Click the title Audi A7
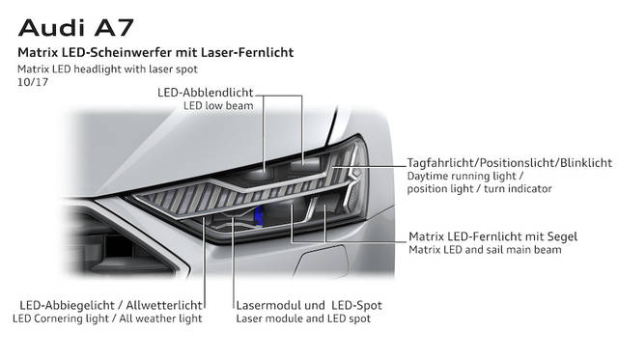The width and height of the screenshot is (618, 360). pyautogui.click(x=75, y=28)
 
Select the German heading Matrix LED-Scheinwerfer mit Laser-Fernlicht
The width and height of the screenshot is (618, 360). pyautogui.click(x=155, y=52)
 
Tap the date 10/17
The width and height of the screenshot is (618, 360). pyautogui.click(x=33, y=82)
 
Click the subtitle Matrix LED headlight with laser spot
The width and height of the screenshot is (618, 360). pyautogui.click(x=107, y=69)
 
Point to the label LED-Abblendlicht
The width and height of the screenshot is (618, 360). pyautogui.click(x=206, y=93)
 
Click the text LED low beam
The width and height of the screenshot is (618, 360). pyautogui.click(x=218, y=105)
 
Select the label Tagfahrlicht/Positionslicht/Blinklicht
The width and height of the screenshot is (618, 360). pyautogui.click(x=510, y=163)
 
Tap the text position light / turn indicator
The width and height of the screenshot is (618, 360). pyautogui.click(x=479, y=188)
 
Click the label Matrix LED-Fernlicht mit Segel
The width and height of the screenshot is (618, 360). pyautogui.click(x=493, y=236)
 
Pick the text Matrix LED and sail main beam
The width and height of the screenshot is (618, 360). pyautogui.click(x=485, y=250)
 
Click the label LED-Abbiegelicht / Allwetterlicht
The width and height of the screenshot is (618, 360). pyautogui.click(x=111, y=305)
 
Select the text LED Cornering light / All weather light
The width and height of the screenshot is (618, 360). pyautogui.click(x=107, y=318)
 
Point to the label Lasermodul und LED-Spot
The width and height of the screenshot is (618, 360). pyautogui.click(x=309, y=305)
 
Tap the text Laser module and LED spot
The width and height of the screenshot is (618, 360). pyautogui.click(x=303, y=318)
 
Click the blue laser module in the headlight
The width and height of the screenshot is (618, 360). pyautogui.click(x=259, y=216)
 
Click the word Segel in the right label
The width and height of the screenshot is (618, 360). pyautogui.click(x=562, y=236)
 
